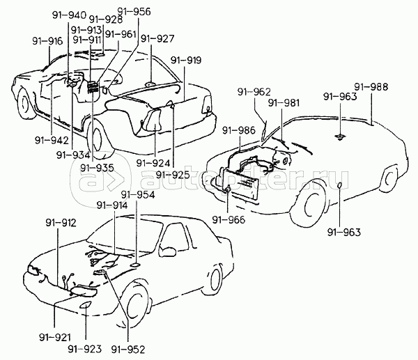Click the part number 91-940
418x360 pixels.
click(x=69, y=15)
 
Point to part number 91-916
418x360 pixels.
click(x=47, y=41)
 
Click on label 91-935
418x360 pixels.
click(x=95, y=167)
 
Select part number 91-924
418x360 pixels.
click(x=153, y=162)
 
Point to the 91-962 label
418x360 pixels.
click(x=253, y=91)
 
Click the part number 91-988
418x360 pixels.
click(x=371, y=86)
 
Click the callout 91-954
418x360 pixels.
click(x=137, y=195)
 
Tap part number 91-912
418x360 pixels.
click(x=60, y=224)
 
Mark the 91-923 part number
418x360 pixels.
click(x=85, y=348)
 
